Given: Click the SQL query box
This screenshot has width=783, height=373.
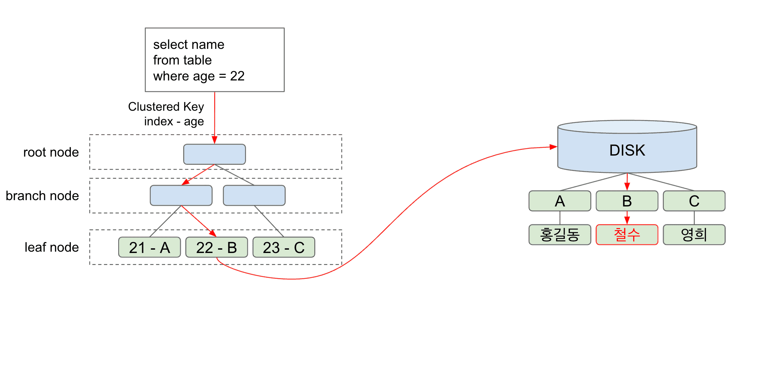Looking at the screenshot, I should pyautogui.click(x=214, y=60).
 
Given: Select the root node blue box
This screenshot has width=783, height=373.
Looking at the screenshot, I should pyautogui.click(x=214, y=154).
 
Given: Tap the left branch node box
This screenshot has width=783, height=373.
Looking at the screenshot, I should pyautogui.click(x=181, y=195).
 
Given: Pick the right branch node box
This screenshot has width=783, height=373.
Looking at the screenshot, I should pyautogui.click(x=254, y=195).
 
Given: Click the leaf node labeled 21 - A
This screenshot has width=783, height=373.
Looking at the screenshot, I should pyautogui.click(x=149, y=247).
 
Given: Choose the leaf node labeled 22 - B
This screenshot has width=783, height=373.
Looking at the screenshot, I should pyautogui.click(x=216, y=247).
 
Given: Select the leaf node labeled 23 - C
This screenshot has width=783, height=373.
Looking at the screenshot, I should pyautogui.click(x=284, y=247).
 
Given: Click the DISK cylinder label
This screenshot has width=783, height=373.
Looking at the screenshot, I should pyautogui.click(x=627, y=150).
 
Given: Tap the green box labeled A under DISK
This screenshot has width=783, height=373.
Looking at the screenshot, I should pyautogui.click(x=560, y=201).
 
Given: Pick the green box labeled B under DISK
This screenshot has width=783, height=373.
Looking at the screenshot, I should pyautogui.click(x=627, y=201).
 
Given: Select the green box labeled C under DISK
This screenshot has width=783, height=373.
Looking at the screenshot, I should pyautogui.click(x=694, y=201).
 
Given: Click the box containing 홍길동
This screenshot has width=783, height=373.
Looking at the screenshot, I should pyautogui.click(x=560, y=235).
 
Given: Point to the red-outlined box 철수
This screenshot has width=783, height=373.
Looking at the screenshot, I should pyautogui.click(x=627, y=235).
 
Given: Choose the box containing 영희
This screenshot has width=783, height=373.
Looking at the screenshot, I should pyautogui.click(x=694, y=235).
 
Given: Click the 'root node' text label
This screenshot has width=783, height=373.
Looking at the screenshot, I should pyautogui.click(x=51, y=152).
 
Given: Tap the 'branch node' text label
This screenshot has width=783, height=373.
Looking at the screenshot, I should pyautogui.click(x=42, y=196).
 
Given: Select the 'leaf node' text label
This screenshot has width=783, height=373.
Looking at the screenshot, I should pyautogui.click(x=52, y=247).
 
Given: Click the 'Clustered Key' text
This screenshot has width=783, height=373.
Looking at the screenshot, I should pyautogui.click(x=166, y=107).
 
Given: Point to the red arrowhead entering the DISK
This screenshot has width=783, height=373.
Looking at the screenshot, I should pyautogui.click(x=554, y=147).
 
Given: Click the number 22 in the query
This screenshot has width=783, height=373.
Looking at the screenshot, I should pyautogui.click(x=237, y=76).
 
